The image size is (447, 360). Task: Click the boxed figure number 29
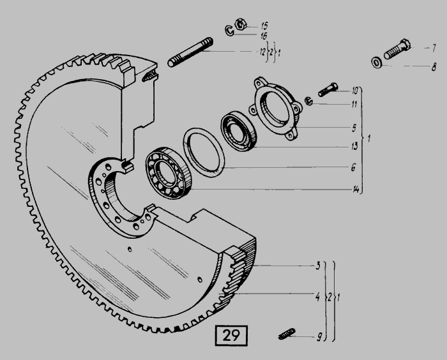(231, 336)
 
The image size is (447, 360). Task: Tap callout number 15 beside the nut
(264, 26)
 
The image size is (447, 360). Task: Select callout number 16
(264, 36)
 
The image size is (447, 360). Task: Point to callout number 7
(434, 48)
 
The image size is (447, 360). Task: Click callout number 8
(434, 67)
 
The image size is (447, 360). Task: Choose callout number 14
(356, 190)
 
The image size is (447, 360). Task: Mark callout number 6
(354, 167)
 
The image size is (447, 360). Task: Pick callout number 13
(354, 146)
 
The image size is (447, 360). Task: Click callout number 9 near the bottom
(319, 337)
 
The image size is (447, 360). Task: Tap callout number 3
(318, 266)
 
